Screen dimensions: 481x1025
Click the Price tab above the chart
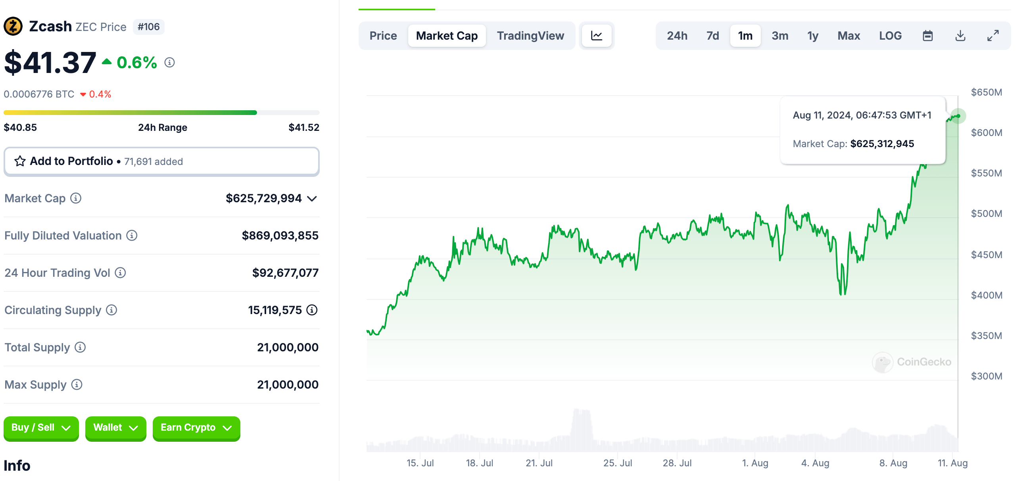click(x=383, y=36)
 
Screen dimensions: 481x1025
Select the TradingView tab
click(x=530, y=36)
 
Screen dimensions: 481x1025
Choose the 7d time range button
click(x=712, y=36)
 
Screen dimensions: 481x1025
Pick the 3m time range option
click(x=779, y=36)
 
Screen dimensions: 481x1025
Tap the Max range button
click(x=848, y=36)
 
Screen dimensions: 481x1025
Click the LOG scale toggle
click(x=890, y=36)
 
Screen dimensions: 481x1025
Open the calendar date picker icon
click(x=927, y=36)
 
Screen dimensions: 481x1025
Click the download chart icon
click(x=960, y=36)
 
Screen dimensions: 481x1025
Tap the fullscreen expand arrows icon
click(x=993, y=36)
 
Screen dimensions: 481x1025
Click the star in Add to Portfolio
click(x=20, y=161)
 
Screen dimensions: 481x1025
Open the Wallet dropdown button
click(x=115, y=428)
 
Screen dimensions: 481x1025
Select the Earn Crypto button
click(x=196, y=428)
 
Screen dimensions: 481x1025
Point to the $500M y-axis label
click(x=986, y=214)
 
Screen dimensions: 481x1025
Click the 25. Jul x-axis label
click(x=617, y=463)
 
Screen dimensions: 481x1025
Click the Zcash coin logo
click(x=13, y=27)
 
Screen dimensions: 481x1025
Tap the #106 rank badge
click(x=148, y=27)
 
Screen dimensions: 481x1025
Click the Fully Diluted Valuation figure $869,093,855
click(x=280, y=236)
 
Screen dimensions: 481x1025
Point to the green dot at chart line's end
click(x=958, y=116)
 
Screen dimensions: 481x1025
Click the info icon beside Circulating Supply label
click(x=111, y=310)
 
